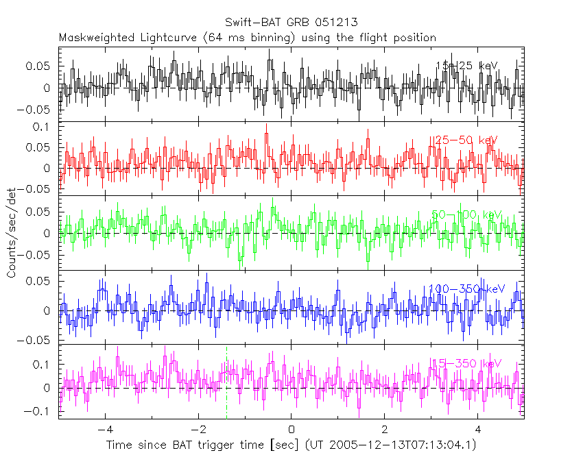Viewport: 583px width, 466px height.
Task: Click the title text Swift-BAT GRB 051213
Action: pyautogui.click(x=291, y=23)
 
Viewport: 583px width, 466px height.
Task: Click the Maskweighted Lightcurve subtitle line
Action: pyautogui.click(x=247, y=38)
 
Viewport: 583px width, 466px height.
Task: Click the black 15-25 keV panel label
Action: pyautogui.click(x=466, y=66)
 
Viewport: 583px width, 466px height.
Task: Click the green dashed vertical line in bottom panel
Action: pyautogui.click(x=226, y=384)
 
